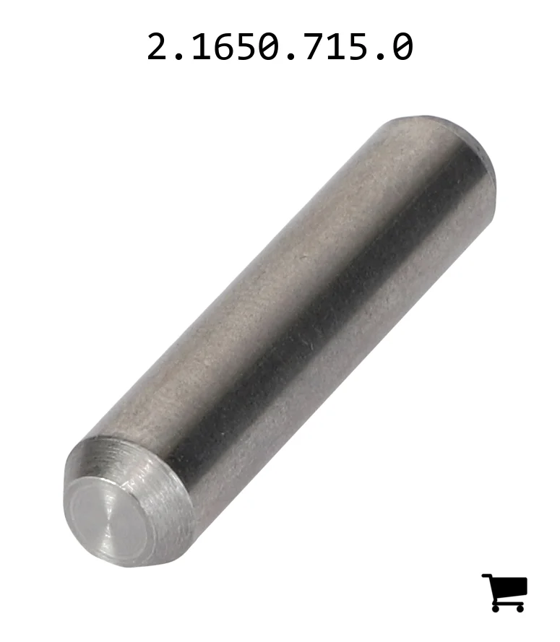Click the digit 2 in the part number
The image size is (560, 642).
coord(158,46)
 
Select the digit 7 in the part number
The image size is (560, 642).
coord(314,46)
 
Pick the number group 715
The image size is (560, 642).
coord(336,46)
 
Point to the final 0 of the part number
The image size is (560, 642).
coord(403,46)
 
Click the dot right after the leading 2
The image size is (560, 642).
coord(179,56)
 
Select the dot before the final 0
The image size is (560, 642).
coord(381,56)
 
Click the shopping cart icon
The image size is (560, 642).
coord(504,593)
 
